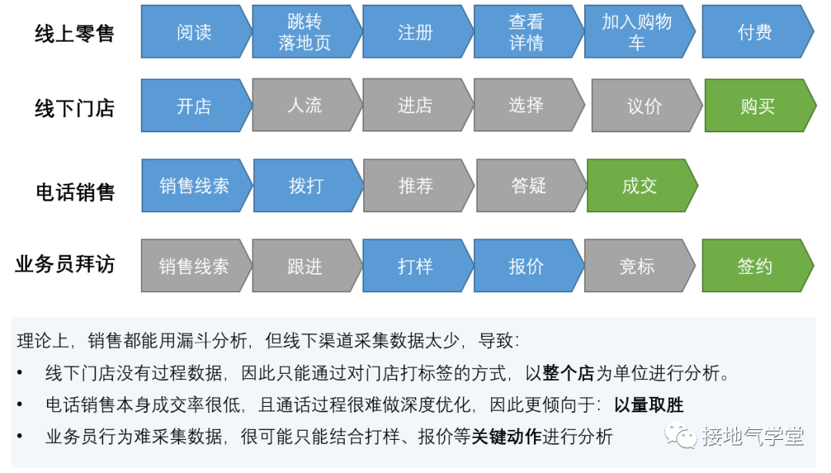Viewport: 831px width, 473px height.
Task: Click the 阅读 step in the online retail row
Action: pos(194,32)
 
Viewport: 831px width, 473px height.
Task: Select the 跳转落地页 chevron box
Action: pos(305,32)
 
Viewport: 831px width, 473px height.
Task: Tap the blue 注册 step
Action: pos(415,32)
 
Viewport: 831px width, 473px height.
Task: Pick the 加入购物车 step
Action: pos(637,32)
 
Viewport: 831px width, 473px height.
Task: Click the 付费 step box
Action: pos(755,32)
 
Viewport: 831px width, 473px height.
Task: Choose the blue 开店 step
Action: pos(194,105)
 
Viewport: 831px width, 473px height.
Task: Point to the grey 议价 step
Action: pos(645,106)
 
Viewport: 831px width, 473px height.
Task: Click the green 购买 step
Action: pos(757,106)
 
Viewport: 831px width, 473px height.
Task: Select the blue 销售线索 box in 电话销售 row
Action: pos(194,185)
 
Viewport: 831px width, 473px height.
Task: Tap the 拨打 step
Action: pos(306,185)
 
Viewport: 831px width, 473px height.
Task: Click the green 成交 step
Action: pos(639,185)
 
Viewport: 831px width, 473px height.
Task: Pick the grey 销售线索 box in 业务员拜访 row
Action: pos(194,266)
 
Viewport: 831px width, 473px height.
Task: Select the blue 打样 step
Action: pos(415,266)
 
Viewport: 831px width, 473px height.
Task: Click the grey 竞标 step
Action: pos(637,266)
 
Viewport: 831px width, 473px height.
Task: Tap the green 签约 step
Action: pos(755,266)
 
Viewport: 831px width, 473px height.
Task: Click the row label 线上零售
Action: pos(75,33)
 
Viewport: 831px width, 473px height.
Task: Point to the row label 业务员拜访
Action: pos(65,265)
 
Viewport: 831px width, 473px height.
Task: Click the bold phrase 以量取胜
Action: pos(649,405)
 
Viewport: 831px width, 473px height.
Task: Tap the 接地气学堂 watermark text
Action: pos(753,437)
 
